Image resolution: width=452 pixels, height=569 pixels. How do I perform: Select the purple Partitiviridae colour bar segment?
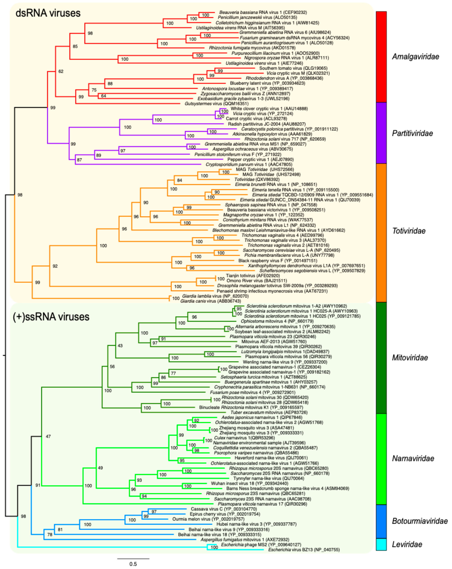coord(381,133)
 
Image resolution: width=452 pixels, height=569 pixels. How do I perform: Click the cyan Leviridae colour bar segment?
coord(381,544)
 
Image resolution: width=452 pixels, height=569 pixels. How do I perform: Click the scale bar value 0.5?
coord(133,564)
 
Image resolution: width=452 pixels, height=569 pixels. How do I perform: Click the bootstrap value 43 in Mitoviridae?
coord(120,346)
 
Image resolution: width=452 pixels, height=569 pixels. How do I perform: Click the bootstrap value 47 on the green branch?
coord(48,436)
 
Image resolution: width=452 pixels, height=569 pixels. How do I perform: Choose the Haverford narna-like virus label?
coord(271,458)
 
